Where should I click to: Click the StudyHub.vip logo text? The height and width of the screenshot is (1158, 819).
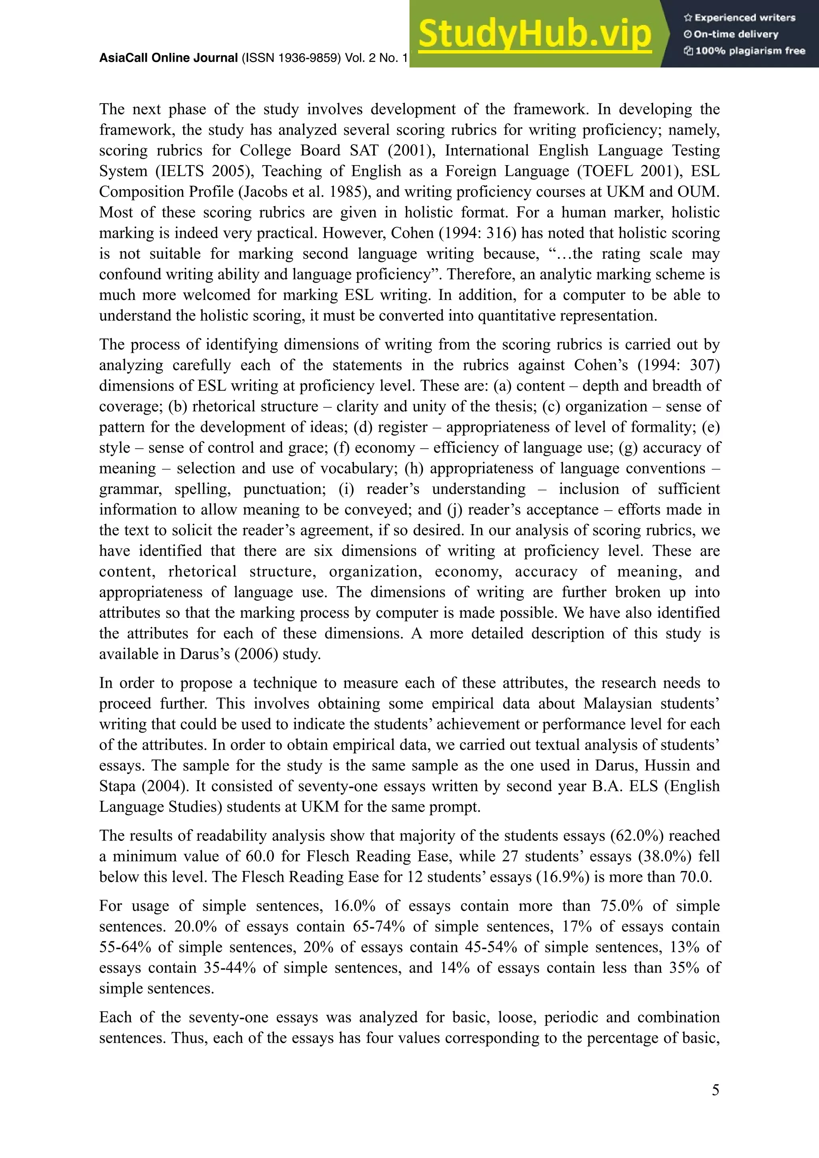[535, 34]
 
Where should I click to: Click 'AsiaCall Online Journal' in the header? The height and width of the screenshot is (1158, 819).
[168, 58]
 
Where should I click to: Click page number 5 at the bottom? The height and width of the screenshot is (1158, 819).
[715, 1090]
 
